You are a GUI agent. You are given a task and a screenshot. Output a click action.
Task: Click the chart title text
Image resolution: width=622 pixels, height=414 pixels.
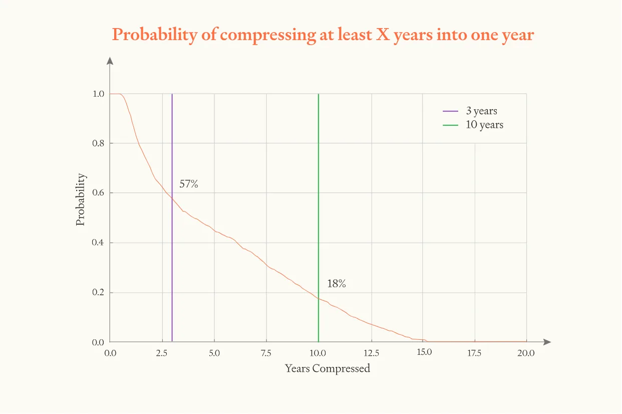(323, 35)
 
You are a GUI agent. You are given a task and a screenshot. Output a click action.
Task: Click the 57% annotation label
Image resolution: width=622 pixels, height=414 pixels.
(189, 184)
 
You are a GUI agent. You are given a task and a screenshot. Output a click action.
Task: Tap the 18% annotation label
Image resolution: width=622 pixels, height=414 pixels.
(336, 284)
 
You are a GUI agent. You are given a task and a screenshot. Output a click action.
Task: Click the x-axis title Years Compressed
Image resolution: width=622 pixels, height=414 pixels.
(328, 368)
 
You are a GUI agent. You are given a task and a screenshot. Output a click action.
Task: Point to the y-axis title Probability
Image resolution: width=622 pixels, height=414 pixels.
(81, 199)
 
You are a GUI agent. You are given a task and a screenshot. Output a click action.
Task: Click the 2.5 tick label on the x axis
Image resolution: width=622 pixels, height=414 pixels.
(162, 353)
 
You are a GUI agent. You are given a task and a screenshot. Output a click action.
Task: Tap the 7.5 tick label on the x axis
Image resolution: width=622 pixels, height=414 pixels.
(266, 353)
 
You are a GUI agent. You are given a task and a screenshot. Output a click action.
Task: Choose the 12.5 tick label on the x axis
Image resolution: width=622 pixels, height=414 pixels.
(371, 353)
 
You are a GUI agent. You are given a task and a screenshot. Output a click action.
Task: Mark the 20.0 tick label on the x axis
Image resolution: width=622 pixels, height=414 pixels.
(526, 353)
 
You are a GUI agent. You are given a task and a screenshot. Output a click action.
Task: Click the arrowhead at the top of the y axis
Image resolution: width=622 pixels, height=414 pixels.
(110, 61)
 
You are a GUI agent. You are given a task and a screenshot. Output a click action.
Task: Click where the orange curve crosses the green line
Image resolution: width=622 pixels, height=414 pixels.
(318, 298)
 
